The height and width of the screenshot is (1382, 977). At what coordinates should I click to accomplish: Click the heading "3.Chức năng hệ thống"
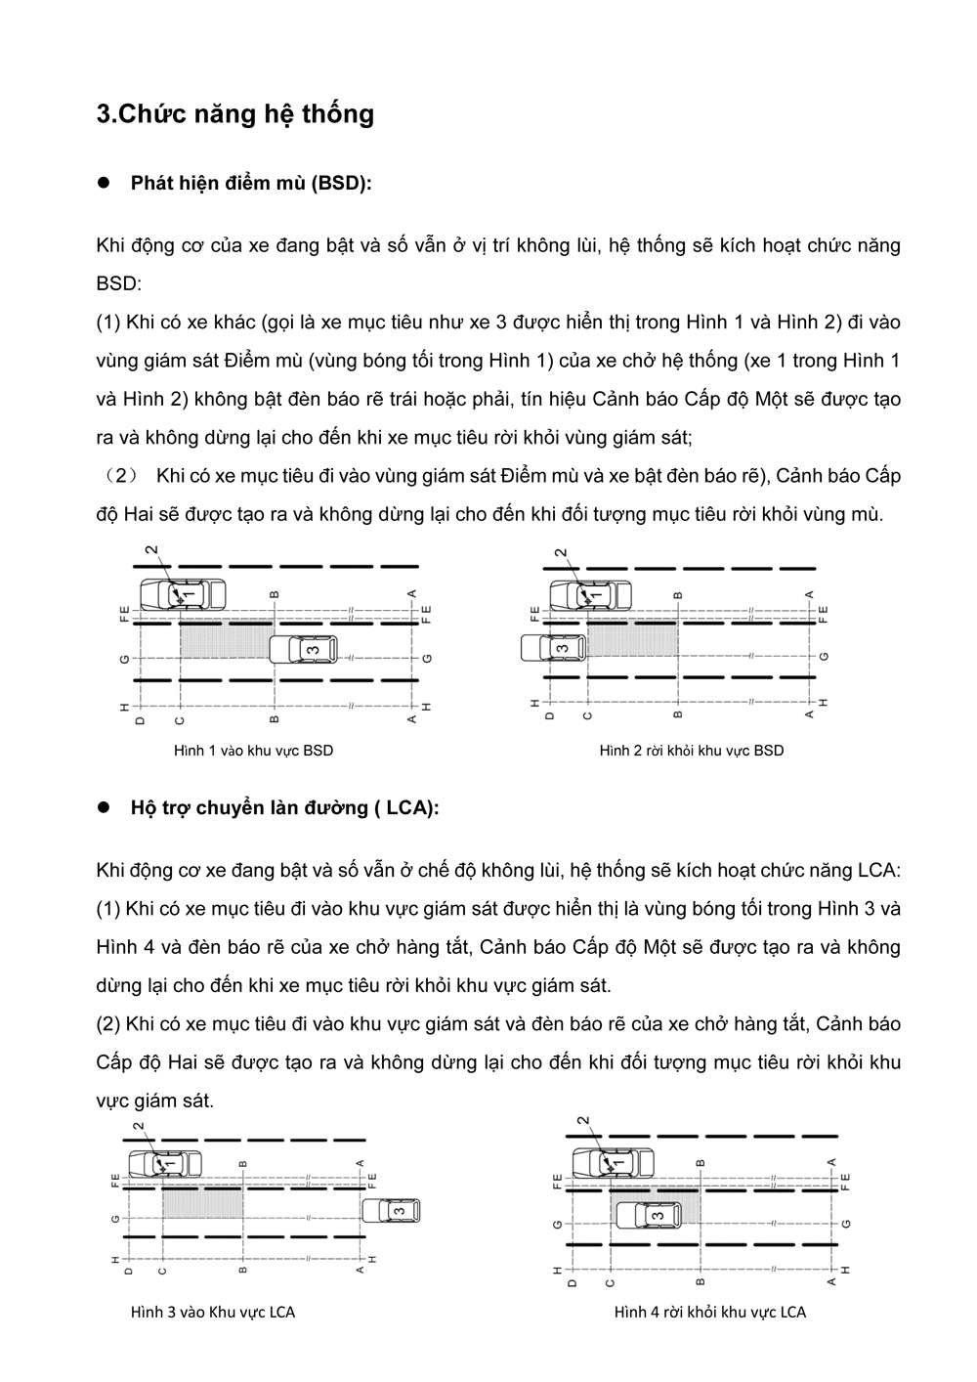[234, 114]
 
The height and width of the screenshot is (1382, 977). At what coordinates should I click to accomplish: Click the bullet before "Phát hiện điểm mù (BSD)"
[104, 184]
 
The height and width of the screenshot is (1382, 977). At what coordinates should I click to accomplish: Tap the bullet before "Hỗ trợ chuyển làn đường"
[104, 808]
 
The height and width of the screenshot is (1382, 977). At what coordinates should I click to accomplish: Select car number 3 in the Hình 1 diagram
[303, 648]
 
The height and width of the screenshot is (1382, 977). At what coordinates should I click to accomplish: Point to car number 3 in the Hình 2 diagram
[553, 647]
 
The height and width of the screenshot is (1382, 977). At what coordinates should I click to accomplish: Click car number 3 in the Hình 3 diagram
[390, 1211]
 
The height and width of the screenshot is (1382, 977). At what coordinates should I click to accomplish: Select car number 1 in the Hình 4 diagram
[613, 1163]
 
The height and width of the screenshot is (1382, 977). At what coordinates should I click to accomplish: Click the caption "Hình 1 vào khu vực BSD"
[253, 751]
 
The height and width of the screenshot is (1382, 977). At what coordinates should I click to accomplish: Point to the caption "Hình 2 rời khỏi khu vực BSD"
[691, 751]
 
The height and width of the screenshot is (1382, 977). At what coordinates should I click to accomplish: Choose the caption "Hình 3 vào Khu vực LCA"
[213, 1312]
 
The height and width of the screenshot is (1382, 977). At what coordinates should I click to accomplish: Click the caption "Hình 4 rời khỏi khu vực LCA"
[710, 1312]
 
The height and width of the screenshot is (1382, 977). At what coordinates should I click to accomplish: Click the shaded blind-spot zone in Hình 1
[225, 640]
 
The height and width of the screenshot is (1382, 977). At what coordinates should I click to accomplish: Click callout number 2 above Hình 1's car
[151, 551]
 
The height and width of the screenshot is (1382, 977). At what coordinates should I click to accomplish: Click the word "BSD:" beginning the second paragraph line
[119, 283]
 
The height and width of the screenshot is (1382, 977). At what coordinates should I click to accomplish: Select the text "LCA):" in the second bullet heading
[412, 808]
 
